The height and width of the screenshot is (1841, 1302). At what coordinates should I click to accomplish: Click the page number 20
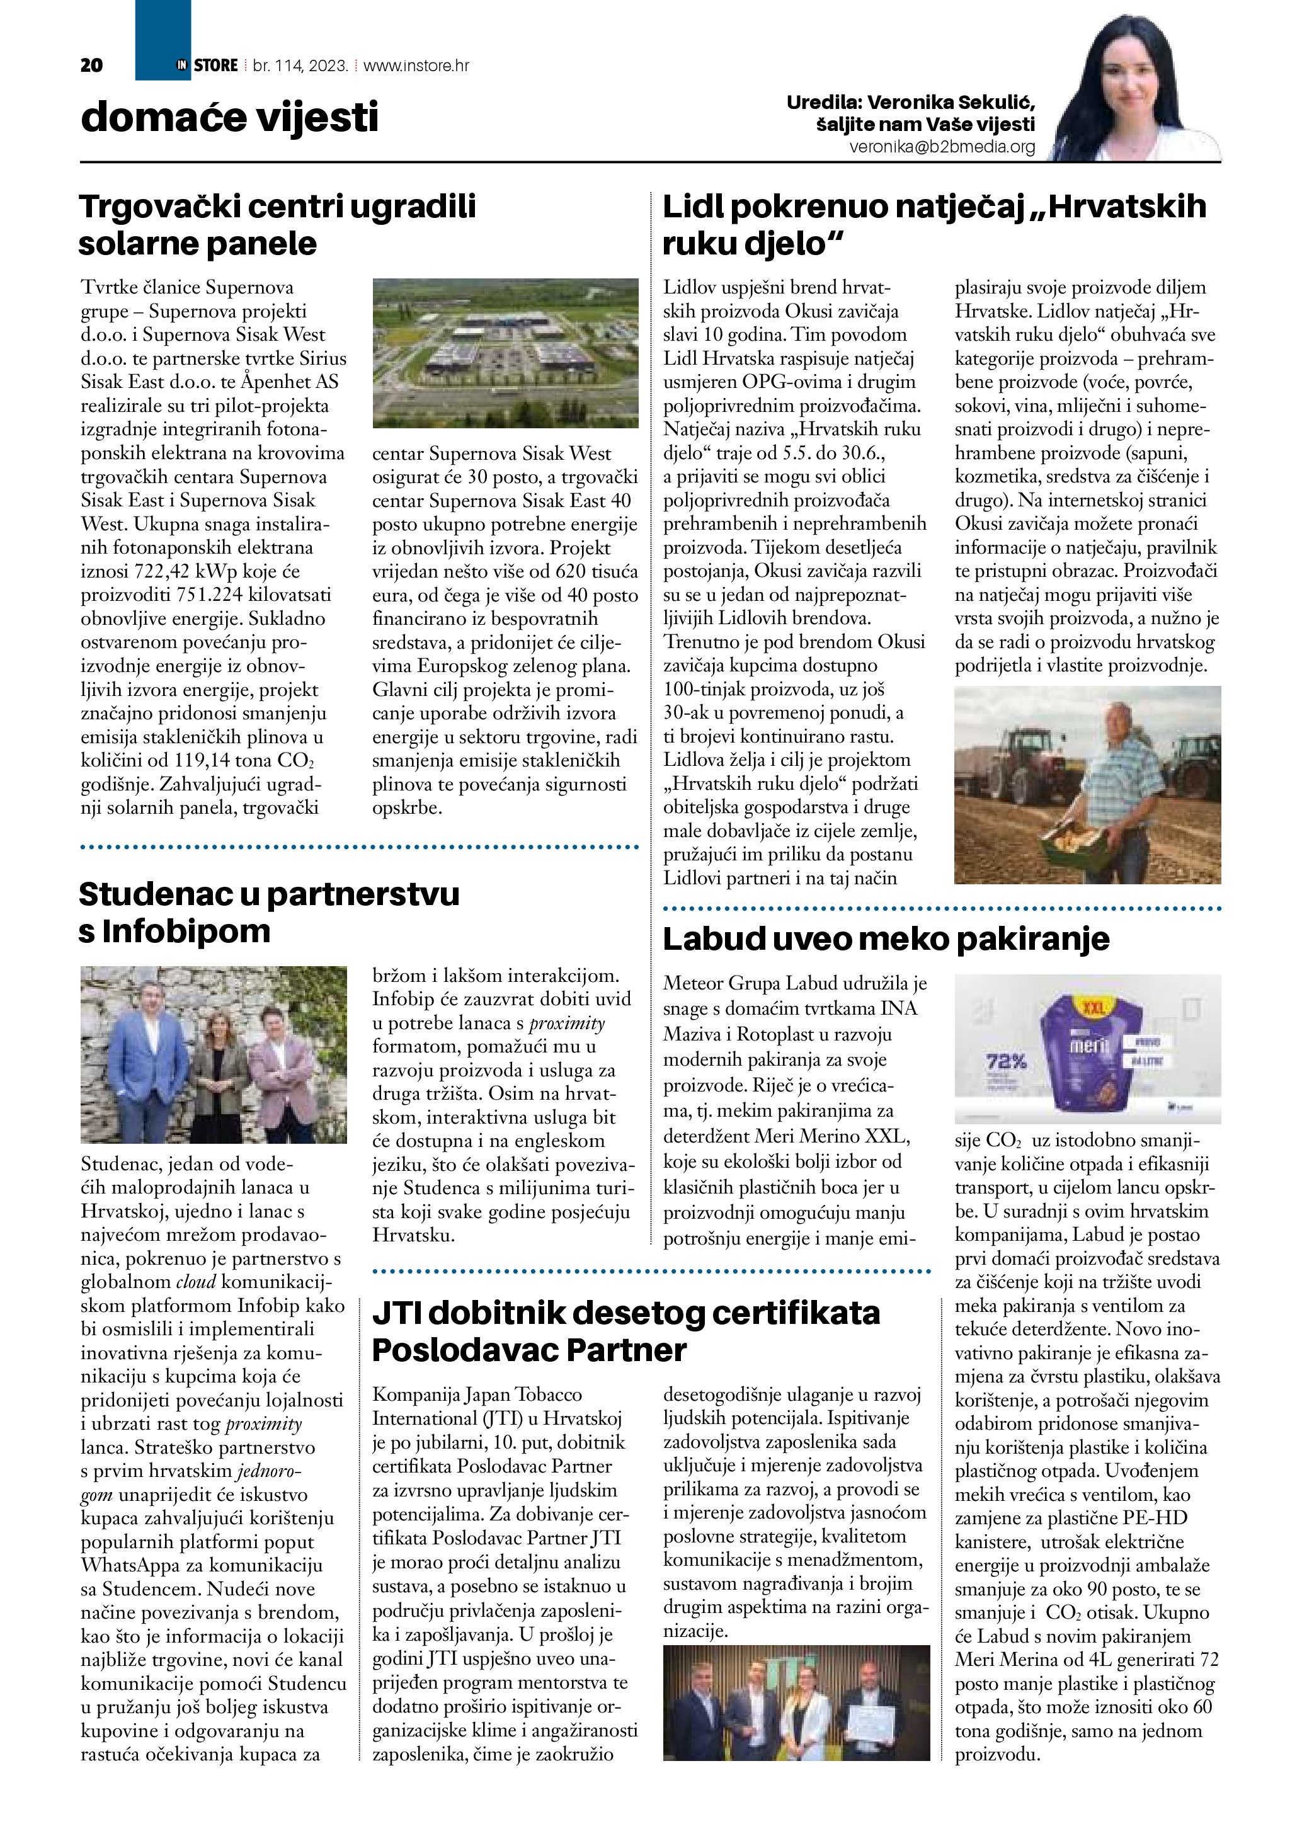[91, 66]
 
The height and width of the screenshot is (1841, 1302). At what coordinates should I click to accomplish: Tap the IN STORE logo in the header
[208, 65]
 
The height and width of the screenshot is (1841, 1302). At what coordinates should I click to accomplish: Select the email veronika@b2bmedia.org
[942, 147]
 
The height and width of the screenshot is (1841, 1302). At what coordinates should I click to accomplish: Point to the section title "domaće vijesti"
[229, 118]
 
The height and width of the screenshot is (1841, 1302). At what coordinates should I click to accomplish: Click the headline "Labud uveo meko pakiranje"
[885, 938]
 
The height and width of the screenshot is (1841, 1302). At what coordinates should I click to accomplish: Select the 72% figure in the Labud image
[1006, 1063]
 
